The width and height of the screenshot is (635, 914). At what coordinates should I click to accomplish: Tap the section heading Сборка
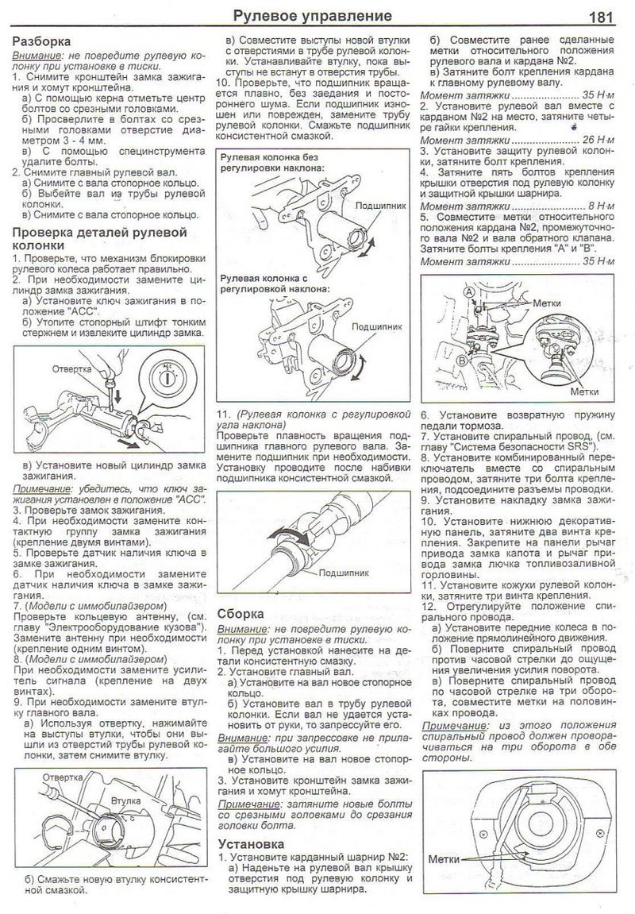244,613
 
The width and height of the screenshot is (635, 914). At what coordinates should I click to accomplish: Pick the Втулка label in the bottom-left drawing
125,803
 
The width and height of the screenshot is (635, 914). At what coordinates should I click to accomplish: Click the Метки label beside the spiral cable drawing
444,858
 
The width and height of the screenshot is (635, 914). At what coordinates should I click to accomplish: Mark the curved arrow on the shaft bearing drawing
286,534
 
